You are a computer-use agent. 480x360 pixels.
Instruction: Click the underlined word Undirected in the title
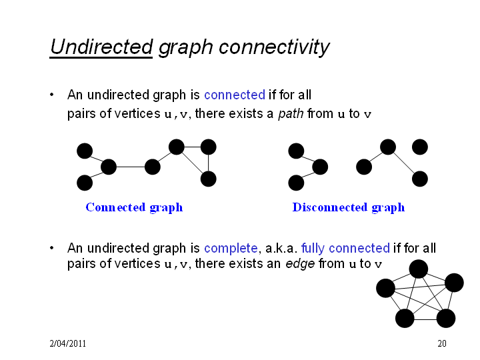[x=101, y=47]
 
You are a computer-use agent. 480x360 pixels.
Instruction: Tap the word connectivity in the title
[x=274, y=47]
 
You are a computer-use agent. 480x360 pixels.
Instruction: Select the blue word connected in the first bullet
[x=235, y=95]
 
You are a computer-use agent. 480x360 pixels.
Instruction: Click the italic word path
[x=291, y=114]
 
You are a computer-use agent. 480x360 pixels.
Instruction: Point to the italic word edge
[x=300, y=263]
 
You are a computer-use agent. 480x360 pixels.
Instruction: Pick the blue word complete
[x=231, y=248]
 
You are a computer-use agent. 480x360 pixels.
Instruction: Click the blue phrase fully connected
[x=345, y=248]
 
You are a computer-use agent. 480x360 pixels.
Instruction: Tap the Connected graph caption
[x=134, y=207]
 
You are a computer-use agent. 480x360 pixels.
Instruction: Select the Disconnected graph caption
[x=349, y=207]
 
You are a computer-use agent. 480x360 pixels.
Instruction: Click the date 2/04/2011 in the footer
[x=67, y=343]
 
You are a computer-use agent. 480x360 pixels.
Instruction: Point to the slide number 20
[x=442, y=343]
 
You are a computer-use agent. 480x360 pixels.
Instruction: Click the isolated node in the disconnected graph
[x=420, y=147]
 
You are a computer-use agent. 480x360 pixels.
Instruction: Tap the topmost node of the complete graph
[x=419, y=269]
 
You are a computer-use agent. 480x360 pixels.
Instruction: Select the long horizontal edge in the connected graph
[x=131, y=167]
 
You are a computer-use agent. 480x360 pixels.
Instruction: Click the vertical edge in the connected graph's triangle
[x=208, y=163]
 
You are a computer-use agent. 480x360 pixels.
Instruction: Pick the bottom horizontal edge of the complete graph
[x=425, y=319]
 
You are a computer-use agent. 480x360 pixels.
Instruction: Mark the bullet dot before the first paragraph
[x=52, y=95]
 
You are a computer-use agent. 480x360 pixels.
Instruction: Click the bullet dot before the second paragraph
[x=52, y=248]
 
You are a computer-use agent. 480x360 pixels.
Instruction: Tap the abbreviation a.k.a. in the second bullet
[x=281, y=248]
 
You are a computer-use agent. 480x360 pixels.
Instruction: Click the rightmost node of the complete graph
[x=454, y=283]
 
